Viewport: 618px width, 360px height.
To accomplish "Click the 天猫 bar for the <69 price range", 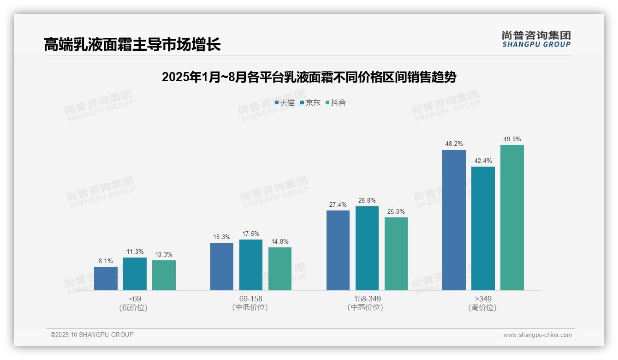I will point(106,278).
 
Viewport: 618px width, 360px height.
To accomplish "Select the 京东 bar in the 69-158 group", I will point(250,265).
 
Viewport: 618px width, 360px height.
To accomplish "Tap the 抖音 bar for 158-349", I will point(396,254).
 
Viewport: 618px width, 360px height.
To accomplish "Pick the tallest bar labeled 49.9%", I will point(512,217).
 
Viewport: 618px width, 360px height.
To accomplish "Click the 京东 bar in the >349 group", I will point(483,228).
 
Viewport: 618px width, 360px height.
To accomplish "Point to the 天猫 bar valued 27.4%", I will point(338,250).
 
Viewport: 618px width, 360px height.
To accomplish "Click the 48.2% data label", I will point(454,144).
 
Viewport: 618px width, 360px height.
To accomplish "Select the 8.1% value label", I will point(106,261).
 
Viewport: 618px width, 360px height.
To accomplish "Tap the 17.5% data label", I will point(250,234).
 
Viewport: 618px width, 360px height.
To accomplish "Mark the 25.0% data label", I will point(396,211).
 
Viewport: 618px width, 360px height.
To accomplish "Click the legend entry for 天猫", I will point(285,103).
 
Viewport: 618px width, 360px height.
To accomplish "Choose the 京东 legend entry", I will point(310,103).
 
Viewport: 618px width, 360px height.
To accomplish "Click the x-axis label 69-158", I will point(250,299).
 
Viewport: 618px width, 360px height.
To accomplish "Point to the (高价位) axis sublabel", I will point(482,307).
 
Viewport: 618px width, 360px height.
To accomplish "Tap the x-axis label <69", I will point(135,299).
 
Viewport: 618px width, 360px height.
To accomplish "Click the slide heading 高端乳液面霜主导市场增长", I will point(132,44).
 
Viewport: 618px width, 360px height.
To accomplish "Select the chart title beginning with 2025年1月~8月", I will point(309,77).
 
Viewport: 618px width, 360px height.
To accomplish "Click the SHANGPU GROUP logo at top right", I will point(536,39).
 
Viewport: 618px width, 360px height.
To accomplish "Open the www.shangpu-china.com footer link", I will point(537,335).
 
